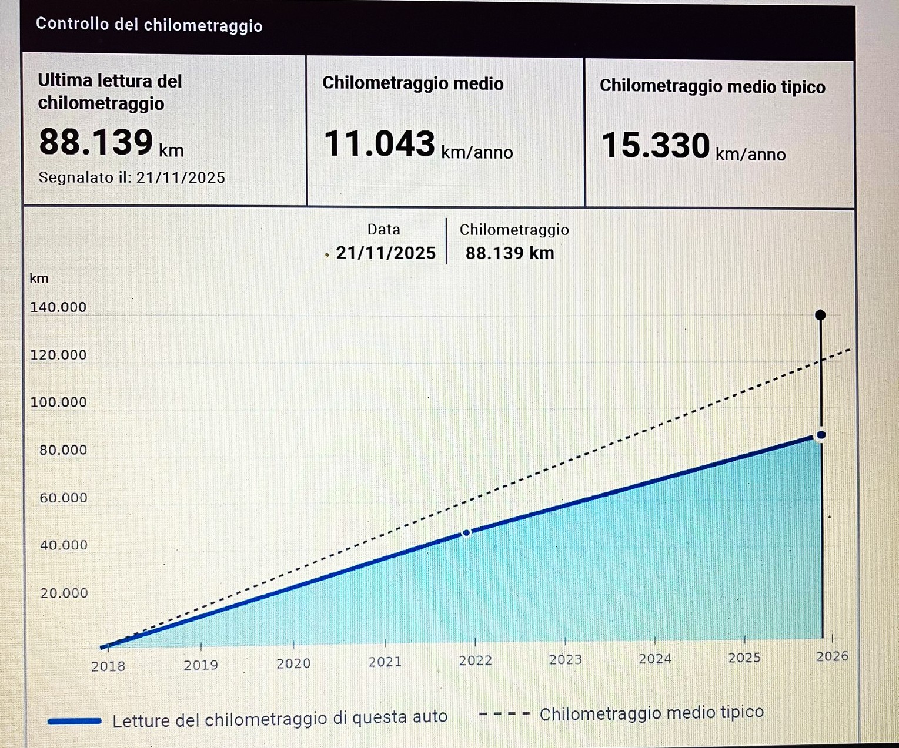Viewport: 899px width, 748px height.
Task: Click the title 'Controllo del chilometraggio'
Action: click(149, 25)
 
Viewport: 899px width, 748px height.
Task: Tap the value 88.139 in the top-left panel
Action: click(96, 142)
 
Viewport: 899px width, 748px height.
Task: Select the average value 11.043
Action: click(379, 144)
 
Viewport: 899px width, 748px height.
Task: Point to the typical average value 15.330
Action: click(656, 146)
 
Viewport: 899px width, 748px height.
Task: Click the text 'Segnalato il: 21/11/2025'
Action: click(132, 177)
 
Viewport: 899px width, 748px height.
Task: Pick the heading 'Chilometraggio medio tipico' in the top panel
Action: click(712, 86)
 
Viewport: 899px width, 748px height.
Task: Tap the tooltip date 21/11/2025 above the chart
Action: click(386, 253)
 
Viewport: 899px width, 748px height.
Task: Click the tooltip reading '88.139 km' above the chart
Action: click(510, 253)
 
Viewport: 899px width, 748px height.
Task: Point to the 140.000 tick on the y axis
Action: click(58, 307)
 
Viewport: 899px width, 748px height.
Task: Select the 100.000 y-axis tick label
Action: click(58, 402)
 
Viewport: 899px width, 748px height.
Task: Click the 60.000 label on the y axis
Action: click(63, 498)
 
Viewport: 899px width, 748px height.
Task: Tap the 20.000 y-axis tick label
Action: click(64, 593)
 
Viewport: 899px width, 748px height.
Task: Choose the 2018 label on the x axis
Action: click(108, 666)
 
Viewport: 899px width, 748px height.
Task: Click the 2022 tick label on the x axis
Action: click(475, 660)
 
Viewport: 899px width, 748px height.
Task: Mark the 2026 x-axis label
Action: click(832, 656)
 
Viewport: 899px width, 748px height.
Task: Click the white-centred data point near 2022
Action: click(466, 533)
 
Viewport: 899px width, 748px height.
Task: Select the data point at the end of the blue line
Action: click(821, 435)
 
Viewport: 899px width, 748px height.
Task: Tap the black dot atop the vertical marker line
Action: click(821, 315)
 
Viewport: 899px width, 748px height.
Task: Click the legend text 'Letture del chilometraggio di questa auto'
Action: click(280, 719)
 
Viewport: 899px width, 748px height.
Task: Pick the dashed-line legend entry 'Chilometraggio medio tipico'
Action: click(651, 713)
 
